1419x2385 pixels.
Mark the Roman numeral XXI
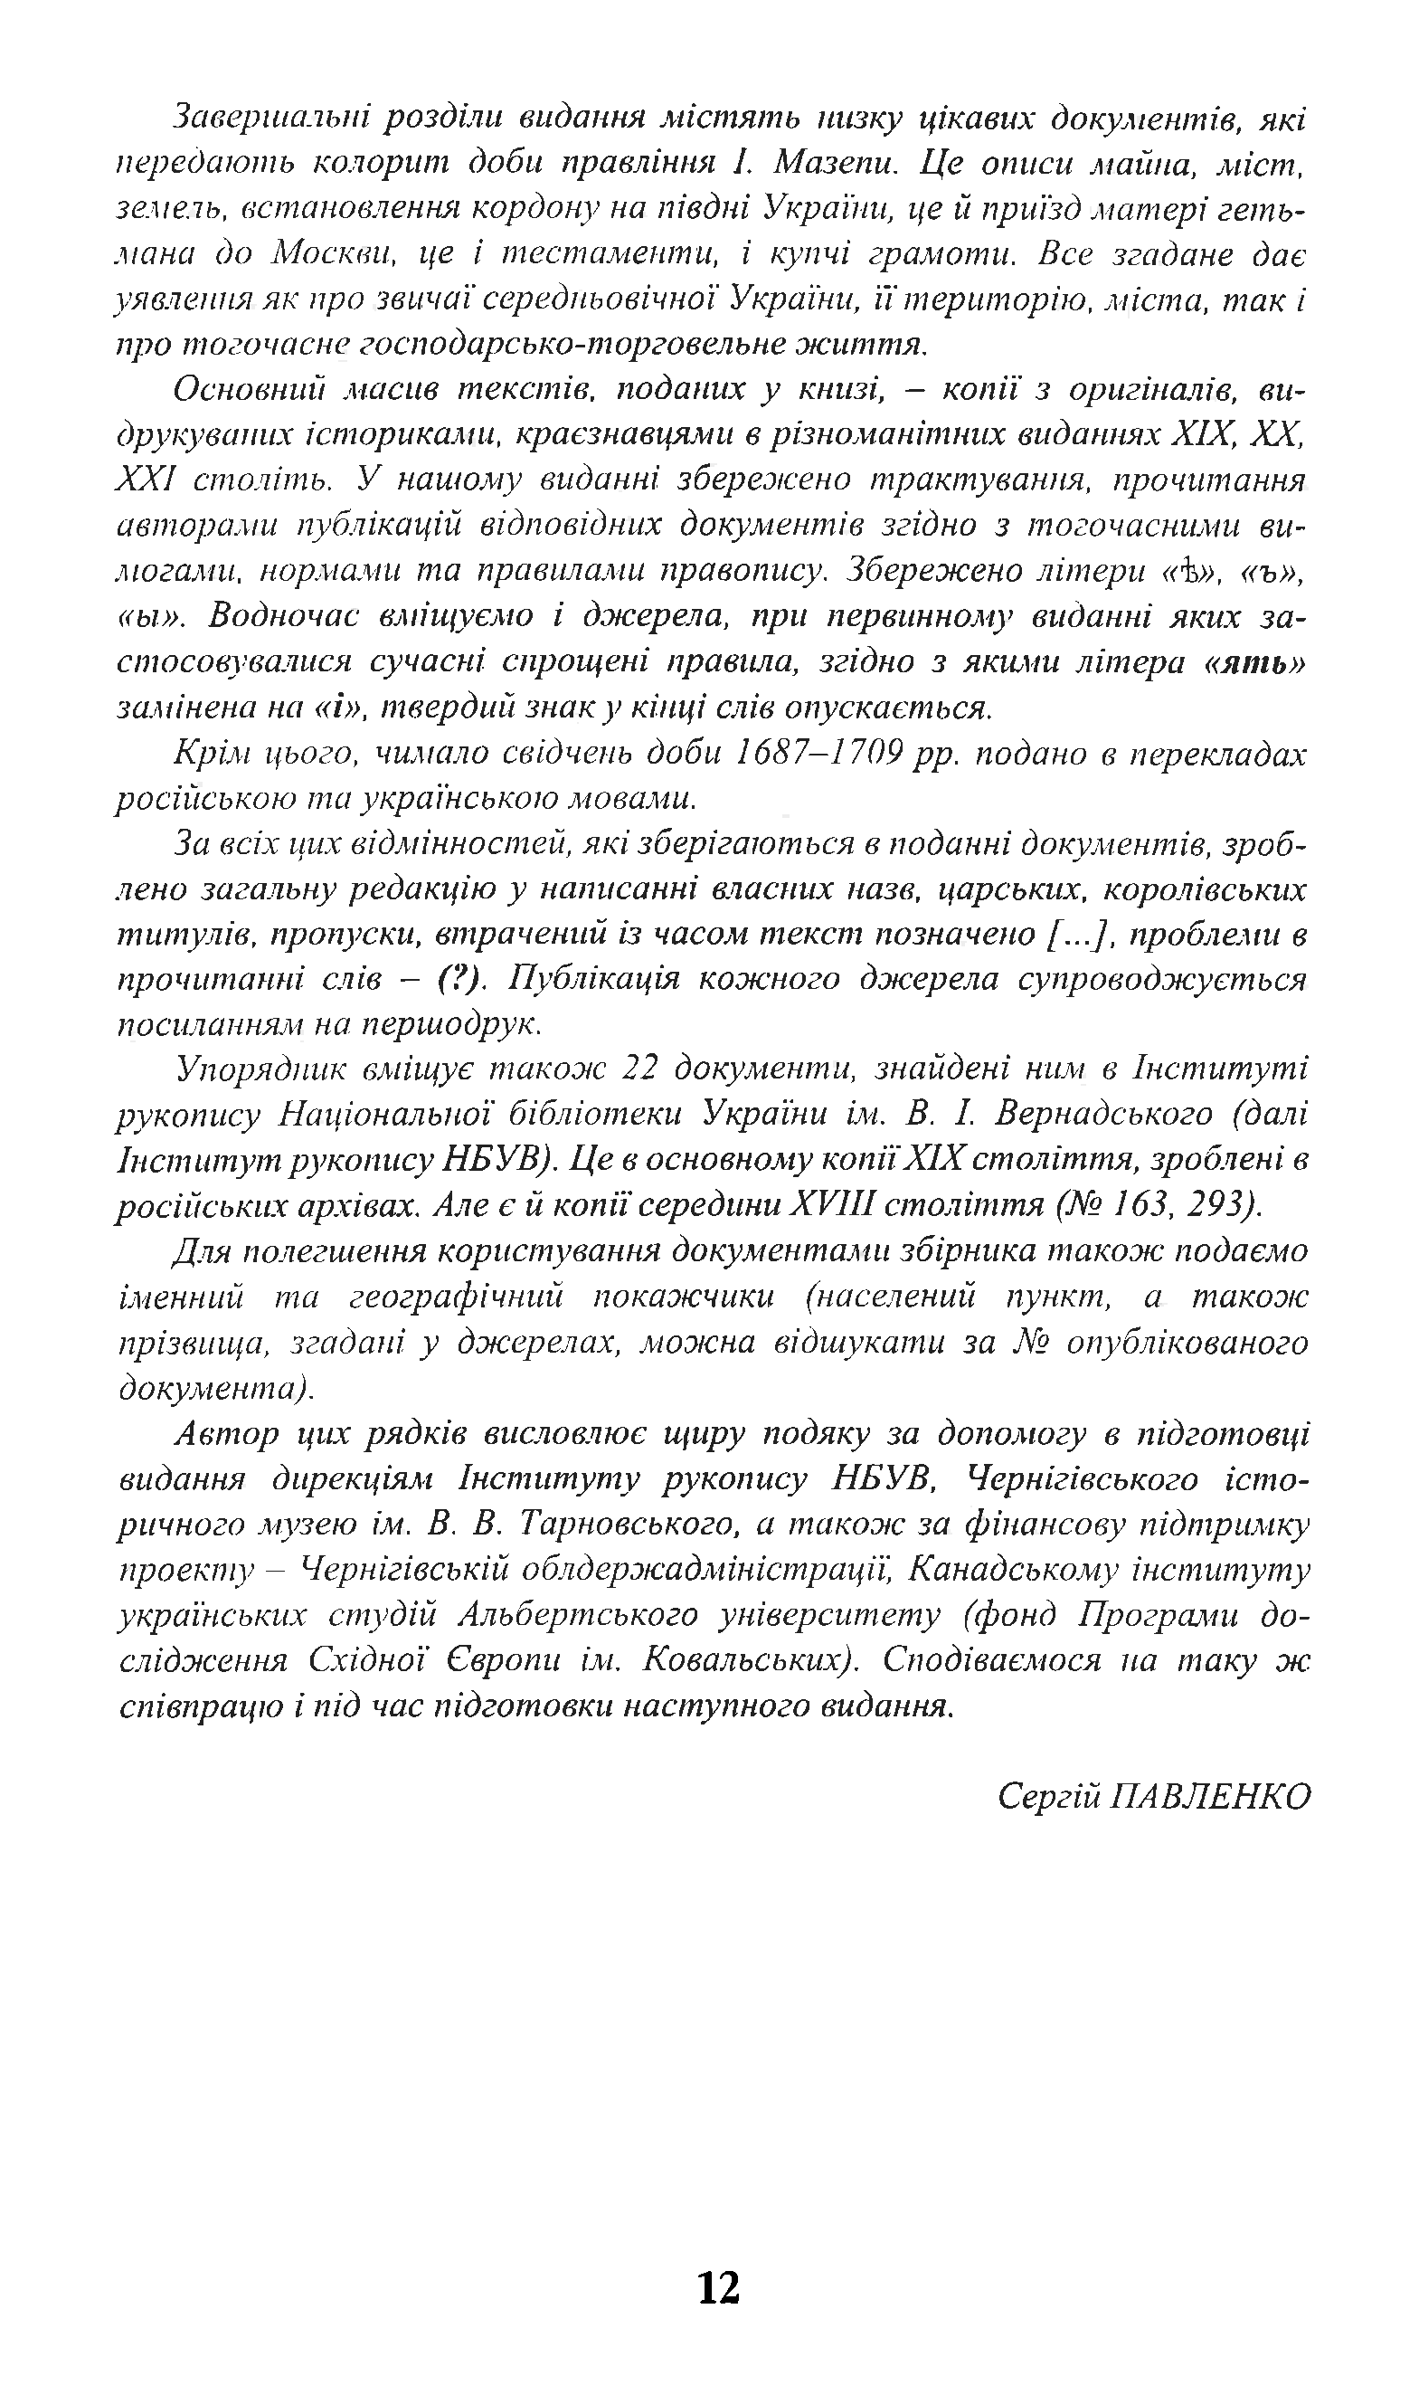point(147,480)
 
